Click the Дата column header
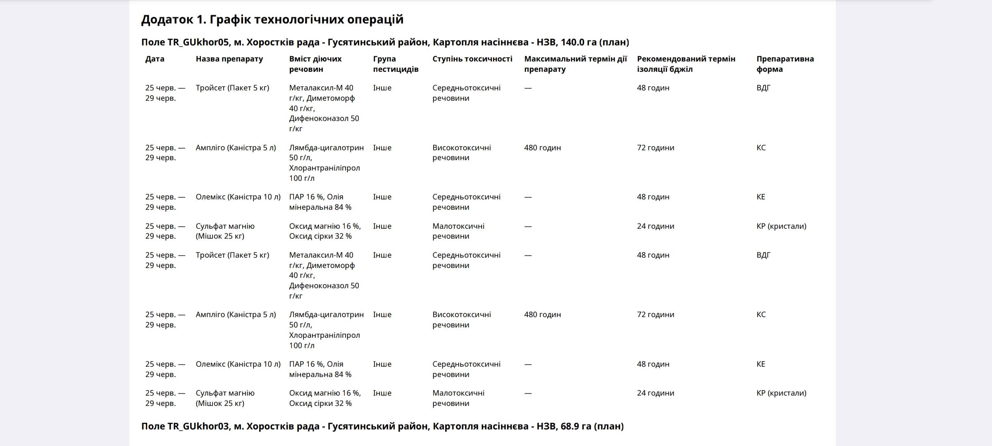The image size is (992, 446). point(155,59)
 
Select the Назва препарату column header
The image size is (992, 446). point(229,59)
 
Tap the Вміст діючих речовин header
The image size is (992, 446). point(315,64)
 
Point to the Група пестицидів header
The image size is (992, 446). point(396,64)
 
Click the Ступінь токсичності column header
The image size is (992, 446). point(472,59)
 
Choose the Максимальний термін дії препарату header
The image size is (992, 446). point(575,64)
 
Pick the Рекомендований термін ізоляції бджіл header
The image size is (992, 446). point(686,64)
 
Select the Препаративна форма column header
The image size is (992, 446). point(785,64)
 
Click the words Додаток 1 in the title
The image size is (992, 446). point(173,19)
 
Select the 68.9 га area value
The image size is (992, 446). point(576,426)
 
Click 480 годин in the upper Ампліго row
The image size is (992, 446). point(542,148)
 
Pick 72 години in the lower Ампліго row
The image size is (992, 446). point(655,315)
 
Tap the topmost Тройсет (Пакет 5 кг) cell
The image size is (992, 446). point(232,88)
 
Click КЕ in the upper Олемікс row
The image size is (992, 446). point(761,197)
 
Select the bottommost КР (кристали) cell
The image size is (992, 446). point(781,393)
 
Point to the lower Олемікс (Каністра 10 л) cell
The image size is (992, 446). point(238,364)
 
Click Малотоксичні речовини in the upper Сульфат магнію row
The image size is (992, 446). point(458,231)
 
